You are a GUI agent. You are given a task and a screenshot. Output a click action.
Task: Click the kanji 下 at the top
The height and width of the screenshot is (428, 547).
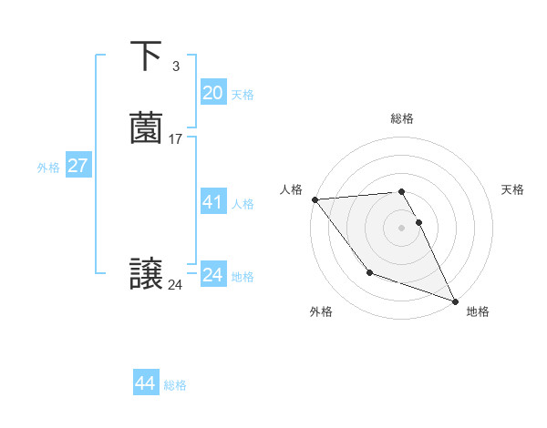point(147,56)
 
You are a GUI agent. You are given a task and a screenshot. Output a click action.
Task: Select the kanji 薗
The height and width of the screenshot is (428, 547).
point(147,128)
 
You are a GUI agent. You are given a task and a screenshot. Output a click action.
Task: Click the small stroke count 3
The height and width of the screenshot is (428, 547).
point(175,66)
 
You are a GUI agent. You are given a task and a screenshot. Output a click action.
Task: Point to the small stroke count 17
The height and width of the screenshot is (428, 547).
point(175,139)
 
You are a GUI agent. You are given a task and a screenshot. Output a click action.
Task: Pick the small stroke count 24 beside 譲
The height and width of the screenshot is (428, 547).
point(175,285)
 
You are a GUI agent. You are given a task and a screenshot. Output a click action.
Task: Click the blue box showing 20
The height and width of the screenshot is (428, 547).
point(212,93)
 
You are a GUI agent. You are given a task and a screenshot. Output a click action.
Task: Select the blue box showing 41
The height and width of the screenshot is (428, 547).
point(212,202)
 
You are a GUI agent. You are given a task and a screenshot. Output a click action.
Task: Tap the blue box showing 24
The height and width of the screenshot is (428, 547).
point(212,274)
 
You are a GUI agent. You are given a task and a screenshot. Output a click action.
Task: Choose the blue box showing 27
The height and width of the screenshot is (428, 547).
point(77,166)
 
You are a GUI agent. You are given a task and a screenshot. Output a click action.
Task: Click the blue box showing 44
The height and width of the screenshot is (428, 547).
point(146,383)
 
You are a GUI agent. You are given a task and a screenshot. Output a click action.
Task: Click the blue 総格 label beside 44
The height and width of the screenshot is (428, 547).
point(175,385)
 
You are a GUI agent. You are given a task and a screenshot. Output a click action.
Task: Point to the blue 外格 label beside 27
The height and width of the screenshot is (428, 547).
point(48,168)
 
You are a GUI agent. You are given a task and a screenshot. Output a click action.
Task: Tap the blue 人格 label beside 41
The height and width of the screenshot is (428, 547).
point(243,204)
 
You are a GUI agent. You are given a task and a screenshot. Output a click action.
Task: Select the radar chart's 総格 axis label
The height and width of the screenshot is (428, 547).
point(402,118)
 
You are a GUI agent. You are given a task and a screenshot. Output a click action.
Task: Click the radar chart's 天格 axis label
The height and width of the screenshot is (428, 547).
point(513,189)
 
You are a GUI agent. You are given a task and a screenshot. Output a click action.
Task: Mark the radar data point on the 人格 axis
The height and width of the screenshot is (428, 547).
point(315,199)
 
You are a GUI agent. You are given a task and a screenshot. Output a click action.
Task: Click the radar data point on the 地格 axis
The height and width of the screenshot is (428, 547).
point(456,301)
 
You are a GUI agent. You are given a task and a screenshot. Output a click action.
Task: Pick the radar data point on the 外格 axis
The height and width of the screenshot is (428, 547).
point(369,272)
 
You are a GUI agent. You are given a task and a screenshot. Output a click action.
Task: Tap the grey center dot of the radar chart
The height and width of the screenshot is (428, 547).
point(402,227)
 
